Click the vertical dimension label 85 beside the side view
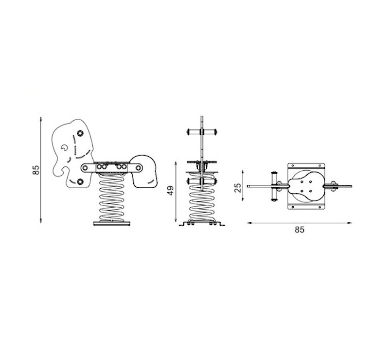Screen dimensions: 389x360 point(36,170)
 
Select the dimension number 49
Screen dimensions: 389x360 point(171,191)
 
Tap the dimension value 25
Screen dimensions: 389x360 point(237,188)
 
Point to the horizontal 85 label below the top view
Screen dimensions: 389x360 point(300,230)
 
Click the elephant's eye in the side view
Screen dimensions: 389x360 point(64,148)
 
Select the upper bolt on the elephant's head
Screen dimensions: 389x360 point(80,133)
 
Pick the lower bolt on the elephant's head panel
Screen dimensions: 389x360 point(80,182)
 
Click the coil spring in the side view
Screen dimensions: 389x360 point(112,198)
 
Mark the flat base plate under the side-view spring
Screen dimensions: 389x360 point(112,223)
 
